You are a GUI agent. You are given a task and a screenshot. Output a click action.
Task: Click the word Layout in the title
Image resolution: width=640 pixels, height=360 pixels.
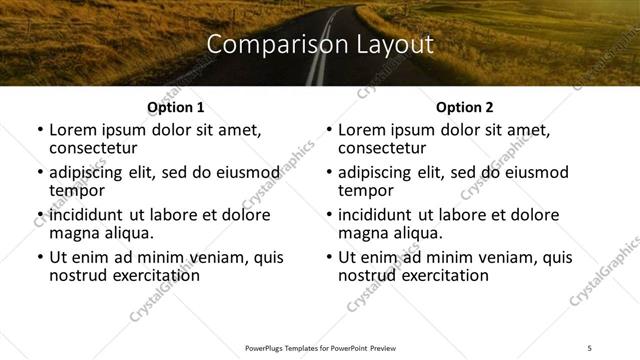coord(390,45)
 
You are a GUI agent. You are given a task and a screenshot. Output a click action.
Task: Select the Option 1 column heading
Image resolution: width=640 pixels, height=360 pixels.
coord(175,107)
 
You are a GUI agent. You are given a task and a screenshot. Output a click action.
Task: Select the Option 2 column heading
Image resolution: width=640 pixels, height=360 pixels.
coord(465,107)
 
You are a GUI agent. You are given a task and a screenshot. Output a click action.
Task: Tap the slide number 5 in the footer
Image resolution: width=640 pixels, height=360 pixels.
coord(589,348)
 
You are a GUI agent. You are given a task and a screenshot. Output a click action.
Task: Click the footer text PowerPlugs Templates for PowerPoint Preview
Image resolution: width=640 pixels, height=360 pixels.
coord(319,348)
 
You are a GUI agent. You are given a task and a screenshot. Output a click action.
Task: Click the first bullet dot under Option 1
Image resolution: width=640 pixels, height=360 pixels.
coord(39,130)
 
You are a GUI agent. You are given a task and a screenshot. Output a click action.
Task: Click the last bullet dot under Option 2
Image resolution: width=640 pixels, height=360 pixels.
coord(329,257)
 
